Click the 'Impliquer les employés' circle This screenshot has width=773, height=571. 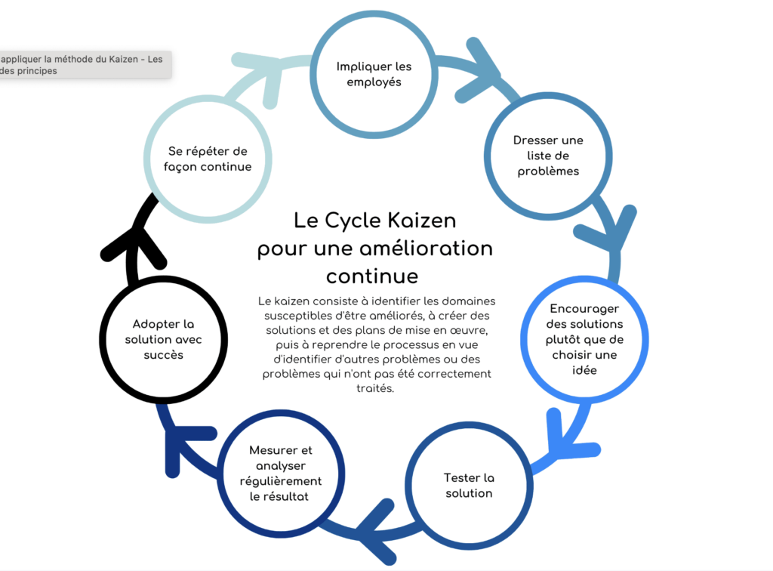pyautogui.click(x=374, y=74)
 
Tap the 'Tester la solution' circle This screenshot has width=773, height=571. pyautogui.click(x=468, y=485)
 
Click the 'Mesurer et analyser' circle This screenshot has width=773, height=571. pyautogui.click(x=280, y=473)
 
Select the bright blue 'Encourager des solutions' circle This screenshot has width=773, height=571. pyautogui.click(x=584, y=339)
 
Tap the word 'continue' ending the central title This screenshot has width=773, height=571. pyautogui.click(x=372, y=275)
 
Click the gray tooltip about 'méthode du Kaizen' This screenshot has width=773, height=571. pyautogui.click(x=83, y=64)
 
